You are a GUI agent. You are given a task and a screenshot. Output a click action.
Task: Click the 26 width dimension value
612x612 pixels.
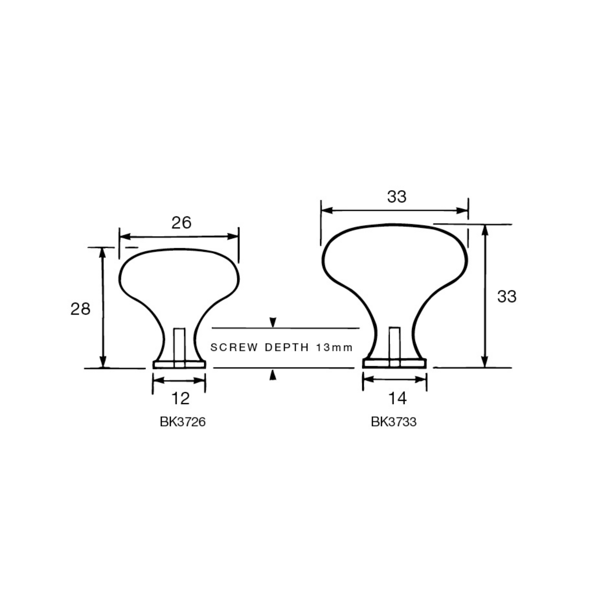click(181, 223)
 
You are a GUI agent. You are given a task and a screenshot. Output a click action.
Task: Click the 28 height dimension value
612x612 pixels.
click(80, 309)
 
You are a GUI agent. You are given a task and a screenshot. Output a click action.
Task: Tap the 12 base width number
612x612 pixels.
click(180, 399)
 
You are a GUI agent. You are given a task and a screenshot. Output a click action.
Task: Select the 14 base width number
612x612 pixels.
click(397, 398)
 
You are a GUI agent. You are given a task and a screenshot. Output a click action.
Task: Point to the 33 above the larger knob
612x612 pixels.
click(397, 197)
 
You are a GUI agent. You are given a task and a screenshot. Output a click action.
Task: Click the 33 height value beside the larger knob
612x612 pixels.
click(507, 296)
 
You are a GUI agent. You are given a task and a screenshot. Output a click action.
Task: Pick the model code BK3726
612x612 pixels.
click(183, 422)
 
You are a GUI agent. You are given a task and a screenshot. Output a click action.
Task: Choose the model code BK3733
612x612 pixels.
click(393, 422)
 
